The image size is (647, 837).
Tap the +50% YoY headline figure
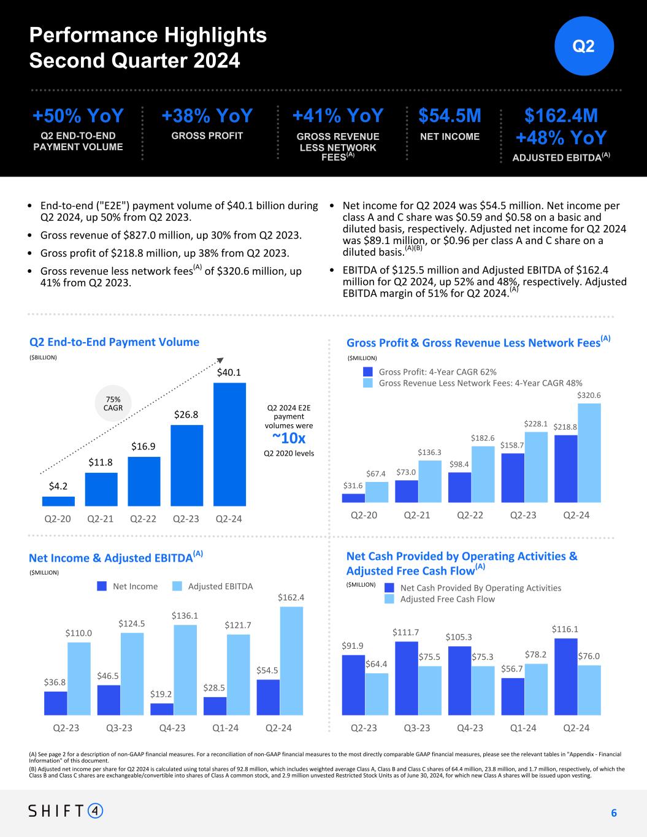pos(78,116)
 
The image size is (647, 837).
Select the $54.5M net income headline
pos(450,116)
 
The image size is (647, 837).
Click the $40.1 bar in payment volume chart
pos(229,444)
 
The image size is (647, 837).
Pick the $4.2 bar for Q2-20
pos(58,501)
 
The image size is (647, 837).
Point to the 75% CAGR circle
pos(113,403)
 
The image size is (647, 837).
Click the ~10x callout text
pos(289,438)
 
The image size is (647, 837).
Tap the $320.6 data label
pos(589,396)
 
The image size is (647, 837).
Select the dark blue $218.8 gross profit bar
pos(565,468)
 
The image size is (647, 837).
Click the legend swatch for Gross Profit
pos(368,372)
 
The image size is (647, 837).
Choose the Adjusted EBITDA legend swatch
pos(177,586)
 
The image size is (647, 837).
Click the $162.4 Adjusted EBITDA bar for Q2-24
pos(291,660)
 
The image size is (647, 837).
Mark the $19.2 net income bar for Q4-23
pos(162,709)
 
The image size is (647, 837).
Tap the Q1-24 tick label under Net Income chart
pos(226,728)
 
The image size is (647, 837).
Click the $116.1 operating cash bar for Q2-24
pos(565,676)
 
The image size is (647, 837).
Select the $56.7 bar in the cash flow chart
pos(513,696)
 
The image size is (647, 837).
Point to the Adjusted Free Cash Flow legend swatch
pos(389,599)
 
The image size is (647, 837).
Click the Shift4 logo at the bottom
pos(66,811)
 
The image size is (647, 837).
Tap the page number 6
pos(613,813)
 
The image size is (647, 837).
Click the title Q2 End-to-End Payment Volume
pos(114,342)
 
